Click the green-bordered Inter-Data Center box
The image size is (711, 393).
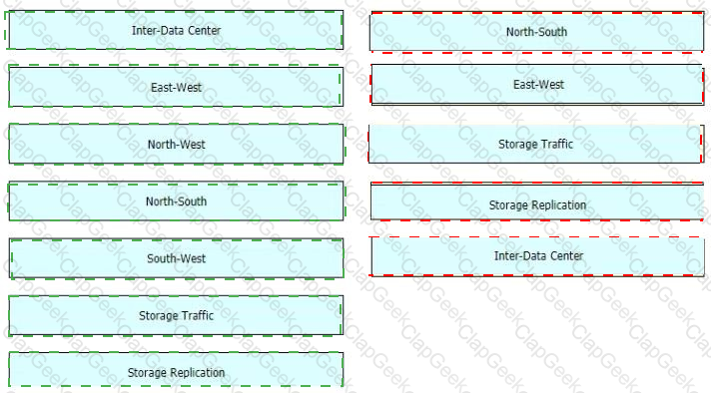tap(176, 30)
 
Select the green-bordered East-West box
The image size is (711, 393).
tap(176, 87)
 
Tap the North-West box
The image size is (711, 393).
tap(176, 144)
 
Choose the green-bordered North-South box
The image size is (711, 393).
tap(176, 201)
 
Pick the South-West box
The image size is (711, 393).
tap(176, 258)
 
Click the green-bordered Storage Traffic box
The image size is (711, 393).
tap(176, 315)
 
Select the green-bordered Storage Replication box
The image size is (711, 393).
tap(176, 371)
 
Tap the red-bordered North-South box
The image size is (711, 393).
tap(537, 32)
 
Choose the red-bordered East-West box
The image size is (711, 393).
tap(538, 84)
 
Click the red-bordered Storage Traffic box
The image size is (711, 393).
tap(536, 144)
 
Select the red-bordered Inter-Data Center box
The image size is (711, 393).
tap(538, 255)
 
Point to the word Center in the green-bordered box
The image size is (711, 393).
tap(204, 30)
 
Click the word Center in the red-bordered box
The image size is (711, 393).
tap(566, 255)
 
